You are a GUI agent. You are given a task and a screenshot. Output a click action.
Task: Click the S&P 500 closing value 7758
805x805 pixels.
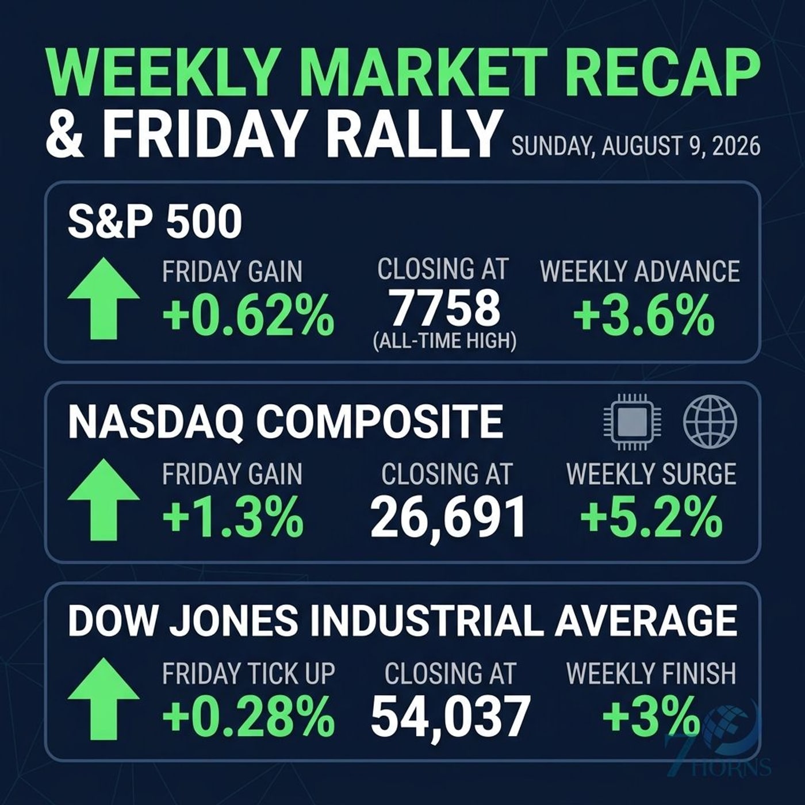447,309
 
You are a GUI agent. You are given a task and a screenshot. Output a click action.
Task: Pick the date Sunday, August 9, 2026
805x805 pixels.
635,147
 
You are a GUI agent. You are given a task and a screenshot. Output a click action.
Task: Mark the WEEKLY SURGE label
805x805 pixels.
651,474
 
